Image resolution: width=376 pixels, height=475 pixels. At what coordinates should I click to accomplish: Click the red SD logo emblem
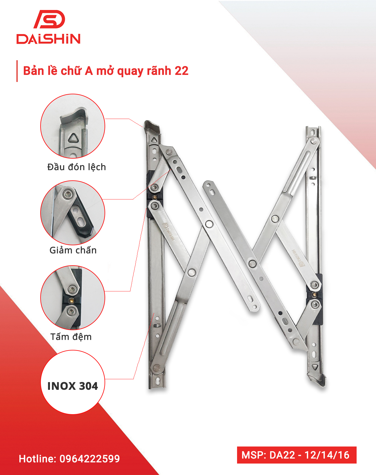point(49,19)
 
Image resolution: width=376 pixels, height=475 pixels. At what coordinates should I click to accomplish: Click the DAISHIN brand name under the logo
point(48,39)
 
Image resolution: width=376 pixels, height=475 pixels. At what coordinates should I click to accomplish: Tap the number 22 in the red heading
point(182,71)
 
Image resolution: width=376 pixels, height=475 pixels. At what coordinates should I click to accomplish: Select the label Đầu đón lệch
point(77,167)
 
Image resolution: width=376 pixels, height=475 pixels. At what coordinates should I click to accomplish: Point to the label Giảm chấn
point(73,250)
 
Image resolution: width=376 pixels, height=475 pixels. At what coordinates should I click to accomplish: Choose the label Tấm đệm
point(71,337)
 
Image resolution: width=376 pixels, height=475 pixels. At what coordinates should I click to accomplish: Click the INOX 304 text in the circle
point(73,386)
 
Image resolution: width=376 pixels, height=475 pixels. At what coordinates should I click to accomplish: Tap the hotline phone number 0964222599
point(90,459)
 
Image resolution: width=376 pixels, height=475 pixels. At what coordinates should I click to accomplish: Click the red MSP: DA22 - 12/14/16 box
point(297,455)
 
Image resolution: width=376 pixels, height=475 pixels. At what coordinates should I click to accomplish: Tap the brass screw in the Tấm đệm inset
point(71,300)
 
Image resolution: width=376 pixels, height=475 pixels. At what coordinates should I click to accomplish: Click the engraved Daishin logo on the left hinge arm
point(168,232)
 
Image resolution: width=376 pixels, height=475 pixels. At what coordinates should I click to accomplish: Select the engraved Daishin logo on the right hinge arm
point(298,258)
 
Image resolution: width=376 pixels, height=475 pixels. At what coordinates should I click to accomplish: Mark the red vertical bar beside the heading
point(17,71)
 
